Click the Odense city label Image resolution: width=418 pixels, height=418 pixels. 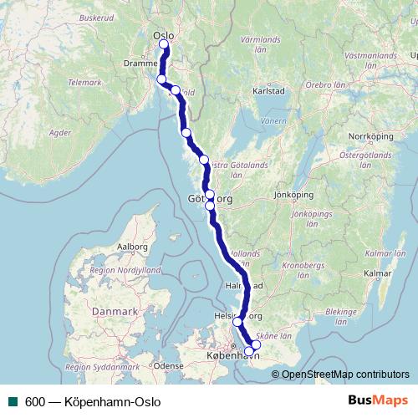(x=168, y=365)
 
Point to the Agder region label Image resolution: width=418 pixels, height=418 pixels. (x=60, y=132)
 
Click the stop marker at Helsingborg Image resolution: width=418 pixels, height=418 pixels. (x=237, y=321)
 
